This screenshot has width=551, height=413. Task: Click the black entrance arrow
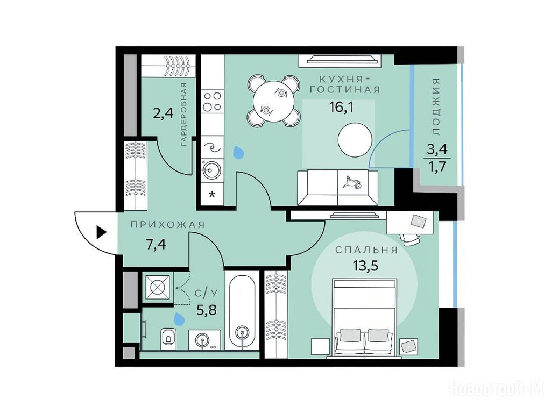pos(101,232)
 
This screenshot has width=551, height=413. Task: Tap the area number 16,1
pos(341,106)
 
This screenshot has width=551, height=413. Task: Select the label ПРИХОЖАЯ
pos(168,225)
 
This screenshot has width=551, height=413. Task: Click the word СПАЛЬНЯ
pos(366,250)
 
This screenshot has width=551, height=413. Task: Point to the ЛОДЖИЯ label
pos(436,107)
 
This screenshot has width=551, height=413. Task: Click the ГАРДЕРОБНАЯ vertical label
pos(183,114)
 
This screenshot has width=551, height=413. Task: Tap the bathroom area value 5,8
pos(207,310)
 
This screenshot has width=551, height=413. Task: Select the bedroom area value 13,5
pos(365,266)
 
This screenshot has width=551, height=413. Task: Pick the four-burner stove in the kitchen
pos(212,101)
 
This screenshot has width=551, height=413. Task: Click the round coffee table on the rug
pos(355,140)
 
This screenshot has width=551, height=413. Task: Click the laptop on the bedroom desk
pos(419,220)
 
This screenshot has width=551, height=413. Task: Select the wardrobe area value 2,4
pos(164,113)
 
